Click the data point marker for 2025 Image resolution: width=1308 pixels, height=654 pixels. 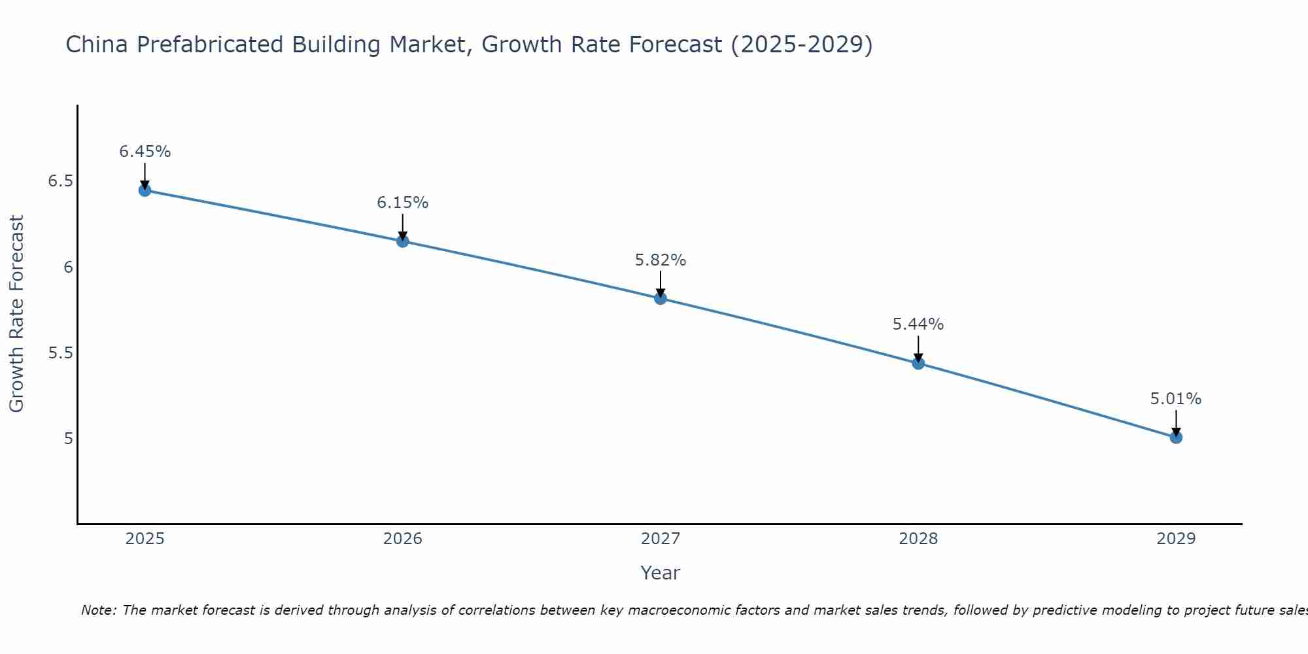pyautogui.click(x=145, y=190)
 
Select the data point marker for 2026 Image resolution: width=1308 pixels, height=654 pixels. pyautogui.click(x=402, y=241)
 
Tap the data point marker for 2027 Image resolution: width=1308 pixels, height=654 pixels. pyautogui.click(x=661, y=298)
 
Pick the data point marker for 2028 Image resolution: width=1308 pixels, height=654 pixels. pyautogui.click(x=918, y=363)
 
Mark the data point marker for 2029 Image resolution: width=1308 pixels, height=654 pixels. pyautogui.click(x=1176, y=437)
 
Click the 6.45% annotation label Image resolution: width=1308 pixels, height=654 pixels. pyautogui.click(x=145, y=152)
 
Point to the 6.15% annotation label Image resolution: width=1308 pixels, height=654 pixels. pyautogui.click(x=402, y=203)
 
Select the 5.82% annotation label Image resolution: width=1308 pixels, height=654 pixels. pyautogui.click(x=661, y=260)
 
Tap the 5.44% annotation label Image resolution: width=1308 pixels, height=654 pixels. pyautogui.click(x=918, y=324)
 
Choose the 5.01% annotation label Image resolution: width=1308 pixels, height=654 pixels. pyautogui.click(x=1176, y=399)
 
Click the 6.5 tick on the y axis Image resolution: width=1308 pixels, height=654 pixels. pyautogui.click(x=60, y=181)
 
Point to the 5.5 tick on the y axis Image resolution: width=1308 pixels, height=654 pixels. pyautogui.click(x=60, y=353)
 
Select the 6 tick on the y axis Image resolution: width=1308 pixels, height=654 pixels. pyautogui.click(x=68, y=267)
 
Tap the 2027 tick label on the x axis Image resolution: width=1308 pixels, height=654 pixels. pyautogui.click(x=661, y=539)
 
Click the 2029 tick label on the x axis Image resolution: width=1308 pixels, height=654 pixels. pyautogui.click(x=1176, y=539)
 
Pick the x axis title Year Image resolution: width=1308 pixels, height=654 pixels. pyautogui.click(x=661, y=573)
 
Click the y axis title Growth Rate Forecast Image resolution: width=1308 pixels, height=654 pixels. pyautogui.click(x=16, y=314)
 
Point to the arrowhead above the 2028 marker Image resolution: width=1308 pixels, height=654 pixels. pyautogui.click(x=918, y=357)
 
